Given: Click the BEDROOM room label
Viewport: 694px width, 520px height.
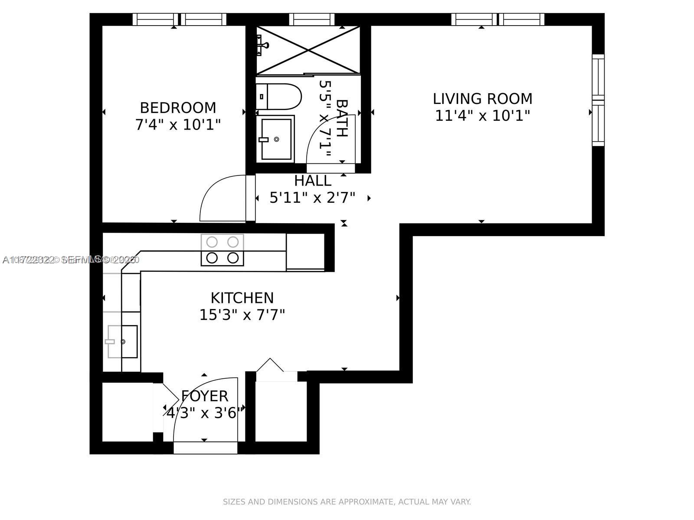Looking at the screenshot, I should click(178, 107).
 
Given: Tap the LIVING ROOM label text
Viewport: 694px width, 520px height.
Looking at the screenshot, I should click(482, 99).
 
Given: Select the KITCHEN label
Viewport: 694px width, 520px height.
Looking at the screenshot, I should click(242, 298).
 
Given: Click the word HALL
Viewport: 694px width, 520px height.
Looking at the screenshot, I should click(312, 181).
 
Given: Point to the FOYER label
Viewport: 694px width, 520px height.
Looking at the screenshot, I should click(204, 396).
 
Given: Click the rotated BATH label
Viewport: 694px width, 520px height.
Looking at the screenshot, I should click(342, 118).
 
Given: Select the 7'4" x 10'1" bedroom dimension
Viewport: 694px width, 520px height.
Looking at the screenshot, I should click(178, 125).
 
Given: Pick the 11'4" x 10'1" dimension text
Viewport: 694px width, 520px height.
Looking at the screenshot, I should click(482, 116).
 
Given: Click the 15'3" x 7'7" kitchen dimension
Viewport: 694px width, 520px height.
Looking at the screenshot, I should click(242, 315).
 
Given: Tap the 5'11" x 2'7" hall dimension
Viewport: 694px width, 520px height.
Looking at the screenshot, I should click(312, 198).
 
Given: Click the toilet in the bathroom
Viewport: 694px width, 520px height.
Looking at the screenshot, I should click(278, 96).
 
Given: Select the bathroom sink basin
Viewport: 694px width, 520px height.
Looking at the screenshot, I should click(275, 139).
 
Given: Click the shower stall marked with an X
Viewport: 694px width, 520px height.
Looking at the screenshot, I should click(308, 50).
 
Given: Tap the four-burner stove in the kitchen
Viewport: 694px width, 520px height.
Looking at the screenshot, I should click(222, 250).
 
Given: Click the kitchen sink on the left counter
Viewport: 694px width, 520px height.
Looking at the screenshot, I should click(123, 341).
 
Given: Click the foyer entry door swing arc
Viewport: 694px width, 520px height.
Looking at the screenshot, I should click(204, 407).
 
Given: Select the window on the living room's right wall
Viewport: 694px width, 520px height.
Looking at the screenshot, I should click(598, 100).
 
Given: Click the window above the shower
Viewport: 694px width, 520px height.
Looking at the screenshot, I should click(311, 19).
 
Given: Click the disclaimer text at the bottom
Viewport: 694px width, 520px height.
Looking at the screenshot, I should click(347, 502).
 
